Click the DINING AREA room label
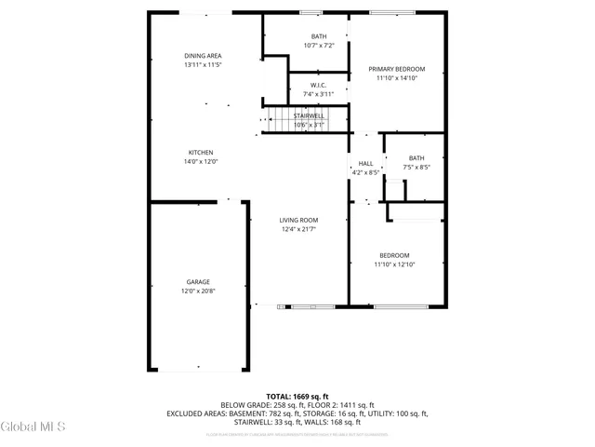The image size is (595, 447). (x=202, y=56)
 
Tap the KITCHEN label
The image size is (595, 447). (x=202, y=153)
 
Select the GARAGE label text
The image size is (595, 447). (x=197, y=282)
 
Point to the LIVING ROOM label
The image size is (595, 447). (x=299, y=220)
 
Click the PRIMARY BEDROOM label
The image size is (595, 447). (x=396, y=70)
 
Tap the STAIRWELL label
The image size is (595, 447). (x=309, y=115)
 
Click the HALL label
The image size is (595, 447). (x=365, y=164)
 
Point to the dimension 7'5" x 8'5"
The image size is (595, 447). (x=416, y=168)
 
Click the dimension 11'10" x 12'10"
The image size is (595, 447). (x=393, y=264)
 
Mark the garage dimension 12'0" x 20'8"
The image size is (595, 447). (x=197, y=291)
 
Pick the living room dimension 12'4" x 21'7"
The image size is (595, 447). (x=299, y=229)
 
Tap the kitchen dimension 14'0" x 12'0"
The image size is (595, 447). (x=202, y=162)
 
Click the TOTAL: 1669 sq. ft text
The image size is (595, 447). (x=297, y=397)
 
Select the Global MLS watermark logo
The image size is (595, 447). (x=33, y=427)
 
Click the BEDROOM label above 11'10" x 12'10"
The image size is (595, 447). (x=393, y=255)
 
